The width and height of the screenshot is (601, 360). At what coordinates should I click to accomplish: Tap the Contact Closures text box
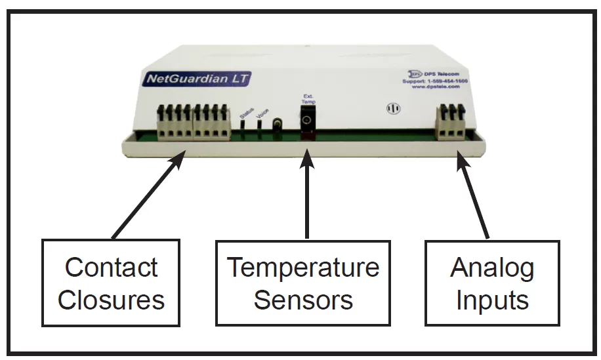point(111,283)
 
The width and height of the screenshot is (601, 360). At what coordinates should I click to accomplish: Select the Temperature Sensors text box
point(303,283)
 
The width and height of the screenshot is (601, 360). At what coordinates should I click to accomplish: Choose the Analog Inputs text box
point(492,283)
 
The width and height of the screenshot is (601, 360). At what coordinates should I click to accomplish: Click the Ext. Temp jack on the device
point(306,121)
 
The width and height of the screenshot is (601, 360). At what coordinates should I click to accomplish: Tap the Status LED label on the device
point(246,115)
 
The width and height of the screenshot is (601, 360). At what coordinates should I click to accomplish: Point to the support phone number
point(434,81)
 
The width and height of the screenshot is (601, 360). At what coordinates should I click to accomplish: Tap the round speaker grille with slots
point(394,108)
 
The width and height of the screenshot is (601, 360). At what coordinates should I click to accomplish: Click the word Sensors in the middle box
point(303,300)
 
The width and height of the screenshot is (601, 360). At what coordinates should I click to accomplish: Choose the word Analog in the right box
point(492,268)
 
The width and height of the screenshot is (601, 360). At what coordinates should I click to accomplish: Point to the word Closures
point(111,300)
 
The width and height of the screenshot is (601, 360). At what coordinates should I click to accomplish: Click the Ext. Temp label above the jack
point(308,100)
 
